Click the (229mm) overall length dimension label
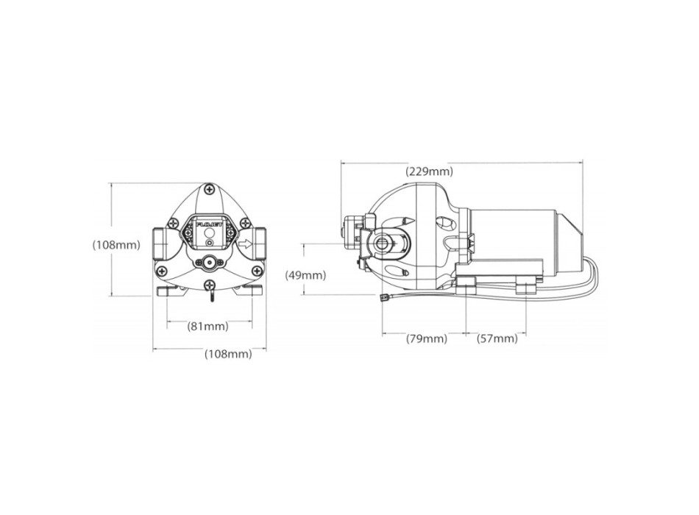tap(429, 171)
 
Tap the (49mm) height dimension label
tap(305, 275)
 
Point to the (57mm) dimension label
tap(497, 338)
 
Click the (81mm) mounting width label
tap(208, 326)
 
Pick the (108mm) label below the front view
tap(227, 354)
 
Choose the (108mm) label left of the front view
tap(116, 245)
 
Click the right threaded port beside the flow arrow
tap(260, 241)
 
